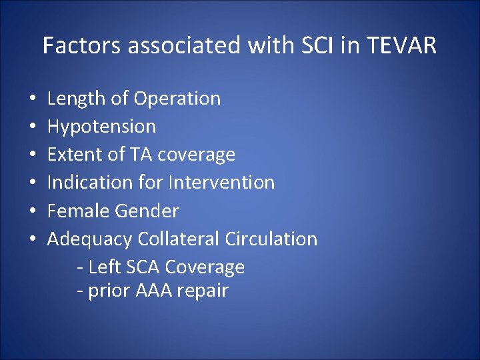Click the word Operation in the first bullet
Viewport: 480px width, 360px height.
(x=177, y=99)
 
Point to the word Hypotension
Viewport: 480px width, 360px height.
(x=101, y=127)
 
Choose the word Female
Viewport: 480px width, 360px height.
(x=78, y=211)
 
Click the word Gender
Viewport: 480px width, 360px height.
(x=147, y=211)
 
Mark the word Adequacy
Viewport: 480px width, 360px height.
(x=90, y=239)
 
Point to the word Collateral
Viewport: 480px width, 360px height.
(x=179, y=239)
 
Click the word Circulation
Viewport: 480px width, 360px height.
(x=271, y=239)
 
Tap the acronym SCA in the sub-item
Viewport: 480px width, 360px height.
(x=142, y=267)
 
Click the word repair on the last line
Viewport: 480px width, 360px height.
(x=203, y=291)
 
